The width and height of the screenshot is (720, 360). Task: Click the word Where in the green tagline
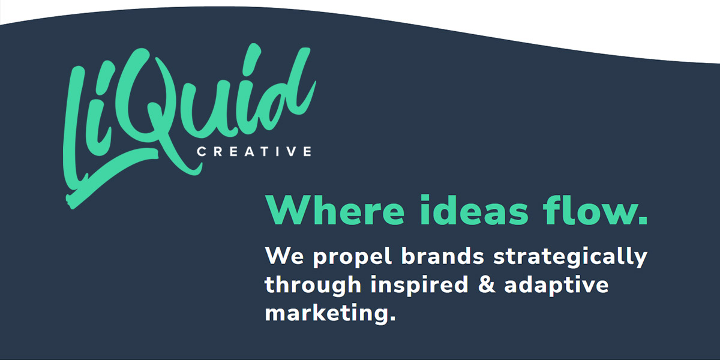335,210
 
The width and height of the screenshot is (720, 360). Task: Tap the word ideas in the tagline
474,210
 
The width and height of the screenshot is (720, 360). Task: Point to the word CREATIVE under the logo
254,151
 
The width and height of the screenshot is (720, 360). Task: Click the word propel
352,258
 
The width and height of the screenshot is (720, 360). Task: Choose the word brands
443,256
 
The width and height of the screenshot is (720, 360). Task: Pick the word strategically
570,258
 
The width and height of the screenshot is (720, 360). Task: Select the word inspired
419,286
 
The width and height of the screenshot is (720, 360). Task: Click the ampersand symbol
487,285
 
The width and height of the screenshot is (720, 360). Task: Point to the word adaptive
556,286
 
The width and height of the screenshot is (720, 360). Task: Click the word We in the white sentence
284,256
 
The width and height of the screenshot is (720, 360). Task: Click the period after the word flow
642,219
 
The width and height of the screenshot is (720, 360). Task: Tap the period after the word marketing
392,318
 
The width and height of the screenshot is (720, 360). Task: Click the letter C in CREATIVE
202,151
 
